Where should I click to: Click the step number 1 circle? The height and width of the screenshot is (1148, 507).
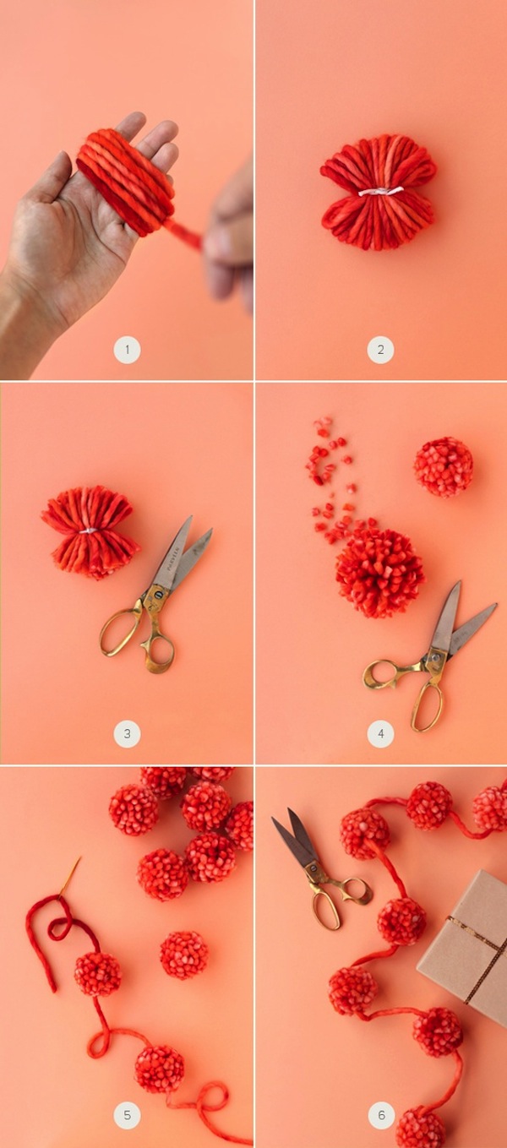[127, 350]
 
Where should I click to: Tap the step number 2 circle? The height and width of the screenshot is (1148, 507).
[380, 350]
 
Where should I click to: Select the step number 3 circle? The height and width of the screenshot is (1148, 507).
[127, 733]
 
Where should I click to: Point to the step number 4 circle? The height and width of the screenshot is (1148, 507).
[380, 733]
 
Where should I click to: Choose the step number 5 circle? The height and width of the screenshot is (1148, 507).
[127, 1114]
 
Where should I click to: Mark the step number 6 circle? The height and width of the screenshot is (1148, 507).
[380, 1114]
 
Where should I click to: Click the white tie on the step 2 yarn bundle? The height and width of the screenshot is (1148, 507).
[380, 191]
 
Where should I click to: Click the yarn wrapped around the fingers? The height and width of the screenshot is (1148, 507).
[126, 182]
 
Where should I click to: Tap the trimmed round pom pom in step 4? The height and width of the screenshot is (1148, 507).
[444, 467]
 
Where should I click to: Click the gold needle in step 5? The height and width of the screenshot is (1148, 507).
[70, 876]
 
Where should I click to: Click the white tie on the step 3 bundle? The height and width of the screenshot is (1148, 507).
[89, 531]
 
